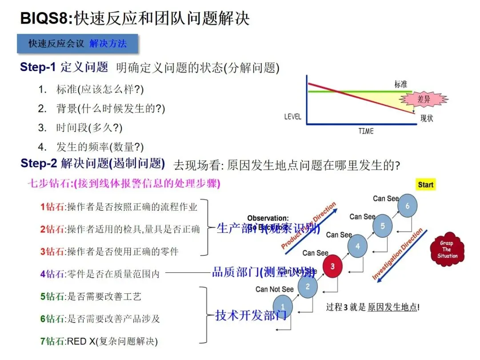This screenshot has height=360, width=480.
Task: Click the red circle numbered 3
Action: pos(332,266)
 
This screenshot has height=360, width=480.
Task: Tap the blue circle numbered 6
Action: pos(407,205)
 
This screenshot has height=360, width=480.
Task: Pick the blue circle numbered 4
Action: pos(358,246)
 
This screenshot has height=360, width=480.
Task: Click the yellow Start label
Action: pos(425,184)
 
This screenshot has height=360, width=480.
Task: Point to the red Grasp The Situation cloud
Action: pos(447,249)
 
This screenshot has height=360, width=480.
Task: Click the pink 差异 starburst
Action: pos(424,100)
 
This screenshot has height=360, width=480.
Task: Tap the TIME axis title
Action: pos(366,131)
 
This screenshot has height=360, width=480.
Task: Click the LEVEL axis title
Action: pos(292,117)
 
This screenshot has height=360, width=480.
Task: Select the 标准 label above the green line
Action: pos(401,84)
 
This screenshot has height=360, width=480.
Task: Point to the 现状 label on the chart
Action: pos(427,119)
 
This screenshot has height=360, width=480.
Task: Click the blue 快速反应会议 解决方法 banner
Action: pos(78,44)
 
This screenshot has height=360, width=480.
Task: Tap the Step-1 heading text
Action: pos(64,68)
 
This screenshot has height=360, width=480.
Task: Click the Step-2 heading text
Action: pos(92,164)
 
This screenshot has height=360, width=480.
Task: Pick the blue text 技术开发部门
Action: pos(251,316)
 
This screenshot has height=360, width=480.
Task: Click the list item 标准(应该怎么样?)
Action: pos(100,89)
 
